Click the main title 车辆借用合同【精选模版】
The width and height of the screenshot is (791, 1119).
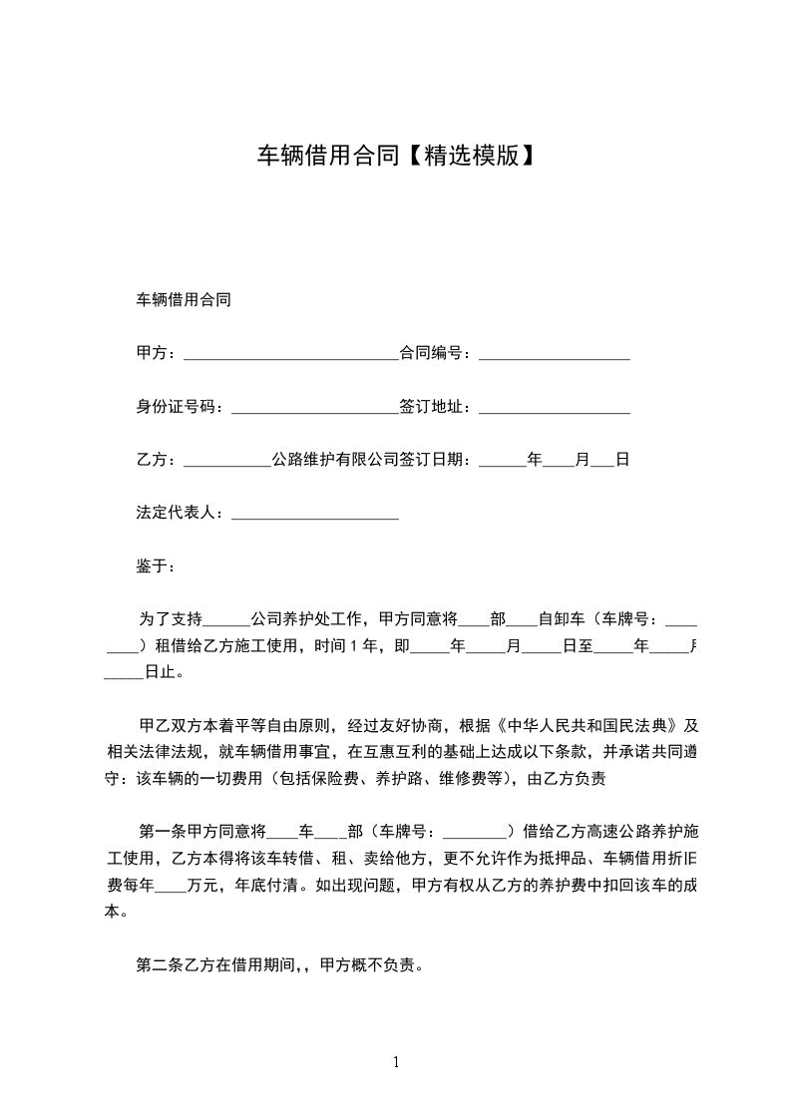click(396, 156)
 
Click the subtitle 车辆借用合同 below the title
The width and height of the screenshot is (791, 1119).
click(184, 299)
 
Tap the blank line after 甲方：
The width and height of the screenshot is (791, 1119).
click(291, 355)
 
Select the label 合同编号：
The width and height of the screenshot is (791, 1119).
click(439, 353)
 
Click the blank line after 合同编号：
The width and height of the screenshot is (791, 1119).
click(555, 355)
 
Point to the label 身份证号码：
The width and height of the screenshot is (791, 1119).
click(183, 407)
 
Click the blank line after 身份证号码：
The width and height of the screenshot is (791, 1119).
click(314, 409)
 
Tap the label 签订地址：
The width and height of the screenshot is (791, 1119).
click(439, 407)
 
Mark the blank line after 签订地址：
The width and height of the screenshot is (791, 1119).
click(555, 409)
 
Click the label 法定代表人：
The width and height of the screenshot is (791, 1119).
click(183, 514)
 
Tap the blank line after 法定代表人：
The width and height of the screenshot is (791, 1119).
click(314, 516)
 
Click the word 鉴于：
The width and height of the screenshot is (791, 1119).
click(156, 566)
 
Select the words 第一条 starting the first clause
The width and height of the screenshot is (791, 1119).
click(160, 832)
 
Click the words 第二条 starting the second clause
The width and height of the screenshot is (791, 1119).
click(160, 964)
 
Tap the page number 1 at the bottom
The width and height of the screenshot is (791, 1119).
click(396, 1062)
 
